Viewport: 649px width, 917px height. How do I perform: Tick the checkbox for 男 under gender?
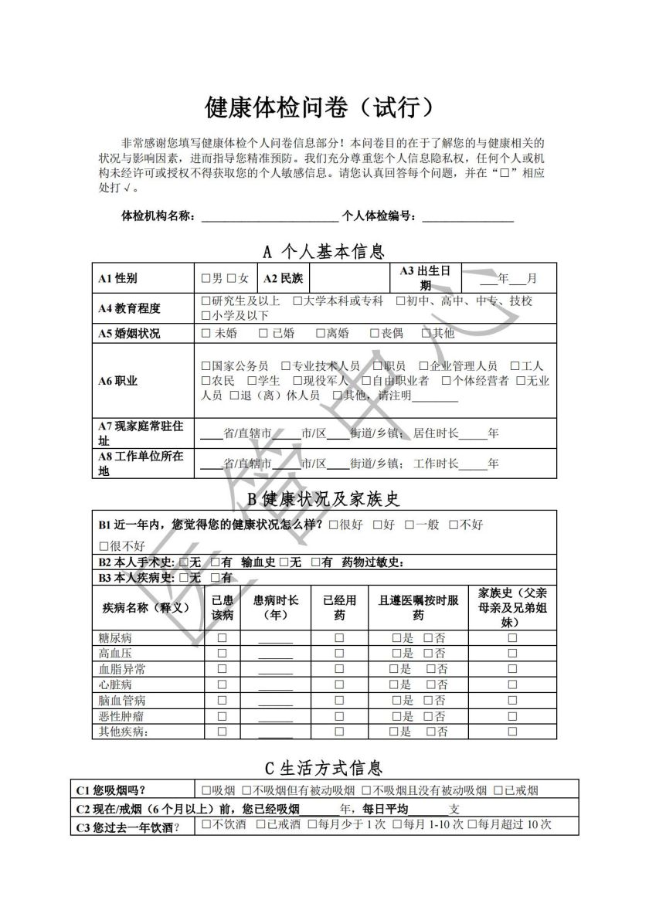click(x=206, y=278)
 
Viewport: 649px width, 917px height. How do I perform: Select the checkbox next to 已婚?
click(x=264, y=334)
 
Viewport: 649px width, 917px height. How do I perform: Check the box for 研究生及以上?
click(x=206, y=301)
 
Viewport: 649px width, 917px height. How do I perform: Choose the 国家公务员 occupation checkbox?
click(x=206, y=366)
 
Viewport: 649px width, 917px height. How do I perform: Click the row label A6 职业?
click(x=117, y=381)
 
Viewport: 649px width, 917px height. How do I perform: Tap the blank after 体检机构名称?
click(x=269, y=216)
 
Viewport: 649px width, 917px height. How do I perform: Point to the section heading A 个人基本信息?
click(x=324, y=251)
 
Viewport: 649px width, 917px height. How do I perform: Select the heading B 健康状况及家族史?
click(x=324, y=499)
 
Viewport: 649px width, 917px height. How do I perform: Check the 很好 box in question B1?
click(x=333, y=525)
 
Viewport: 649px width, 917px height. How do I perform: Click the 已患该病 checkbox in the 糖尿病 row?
click(x=223, y=638)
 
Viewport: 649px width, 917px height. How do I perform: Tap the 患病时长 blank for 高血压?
click(x=275, y=654)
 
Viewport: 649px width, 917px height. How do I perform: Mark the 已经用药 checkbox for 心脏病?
click(x=339, y=684)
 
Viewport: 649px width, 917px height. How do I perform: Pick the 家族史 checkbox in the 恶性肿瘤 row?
click(x=512, y=716)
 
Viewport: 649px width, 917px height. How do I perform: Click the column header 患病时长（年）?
click(x=276, y=607)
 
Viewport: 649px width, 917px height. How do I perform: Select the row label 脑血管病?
click(x=122, y=701)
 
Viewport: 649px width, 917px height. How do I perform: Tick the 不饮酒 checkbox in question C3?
click(x=206, y=825)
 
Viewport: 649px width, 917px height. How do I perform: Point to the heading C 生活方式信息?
click(x=324, y=768)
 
